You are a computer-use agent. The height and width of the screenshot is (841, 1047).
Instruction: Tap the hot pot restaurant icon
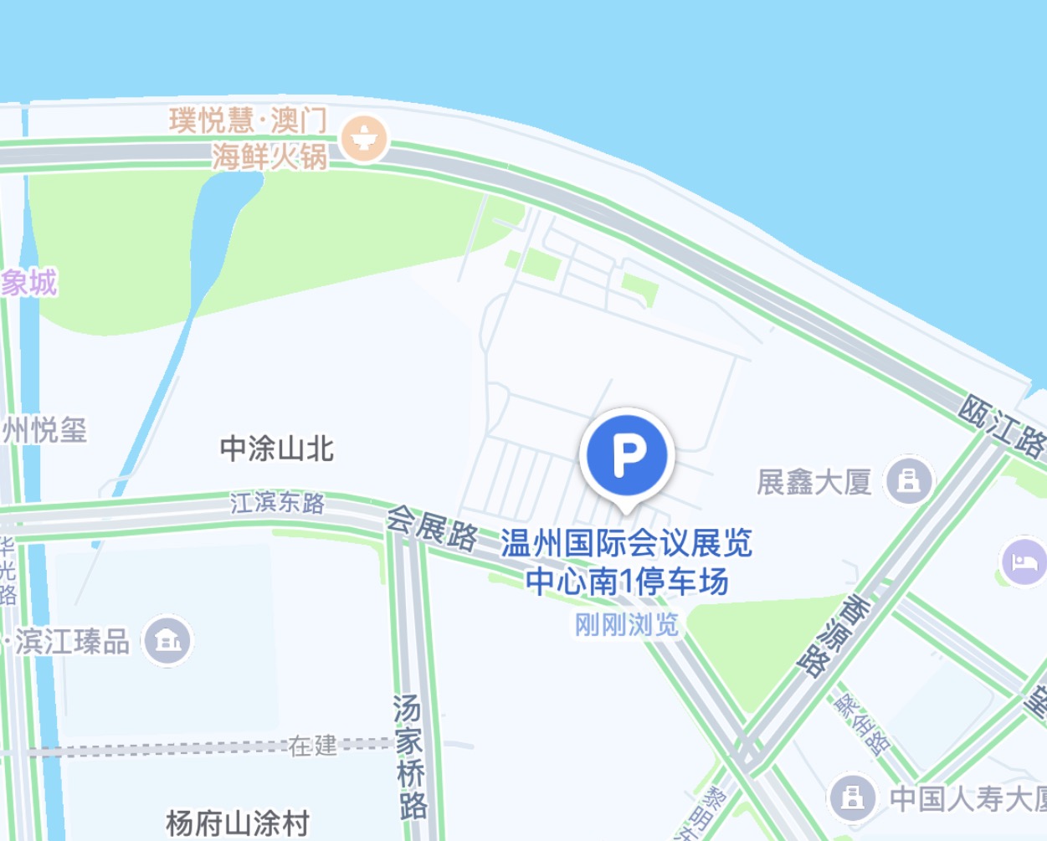point(365,138)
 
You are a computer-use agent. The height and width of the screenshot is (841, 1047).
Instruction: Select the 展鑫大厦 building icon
point(909,480)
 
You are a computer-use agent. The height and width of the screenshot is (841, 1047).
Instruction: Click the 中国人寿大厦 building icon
point(852,797)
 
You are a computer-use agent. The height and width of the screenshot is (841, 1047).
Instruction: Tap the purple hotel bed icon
point(1023,562)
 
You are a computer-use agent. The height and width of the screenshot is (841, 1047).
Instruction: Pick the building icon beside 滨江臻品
point(167,642)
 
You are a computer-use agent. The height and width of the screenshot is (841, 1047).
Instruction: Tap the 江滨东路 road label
point(277,503)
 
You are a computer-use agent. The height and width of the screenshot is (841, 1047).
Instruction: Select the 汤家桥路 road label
point(409,756)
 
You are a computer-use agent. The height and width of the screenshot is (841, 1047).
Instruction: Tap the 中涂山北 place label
point(277,449)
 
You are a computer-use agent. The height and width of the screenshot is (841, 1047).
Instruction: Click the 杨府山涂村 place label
point(238,823)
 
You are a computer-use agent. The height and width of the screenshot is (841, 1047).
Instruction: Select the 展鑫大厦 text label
point(814,482)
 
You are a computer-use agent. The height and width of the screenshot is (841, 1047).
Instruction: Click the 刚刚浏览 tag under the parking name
point(627,624)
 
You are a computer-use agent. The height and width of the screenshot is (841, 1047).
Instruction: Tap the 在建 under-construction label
point(312,745)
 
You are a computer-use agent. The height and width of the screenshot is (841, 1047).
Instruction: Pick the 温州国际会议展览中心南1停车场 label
point(627,562)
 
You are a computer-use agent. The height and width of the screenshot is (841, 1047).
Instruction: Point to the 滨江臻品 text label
point(72,642)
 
